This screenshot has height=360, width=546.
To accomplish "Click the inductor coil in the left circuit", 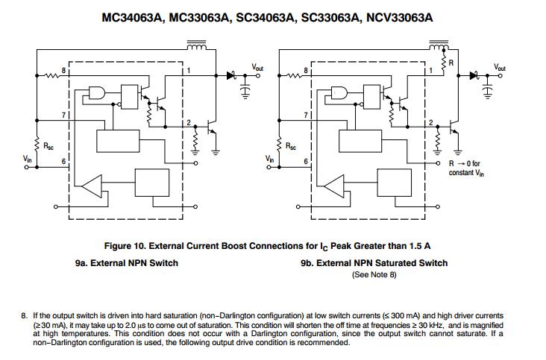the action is point(197,45).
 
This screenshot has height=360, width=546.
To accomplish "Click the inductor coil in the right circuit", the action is point(439,45).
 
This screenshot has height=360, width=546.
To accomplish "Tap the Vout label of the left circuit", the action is point(257,67).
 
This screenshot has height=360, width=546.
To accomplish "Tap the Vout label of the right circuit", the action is point(499,67).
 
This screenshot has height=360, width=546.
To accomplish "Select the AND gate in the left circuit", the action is point(98,92).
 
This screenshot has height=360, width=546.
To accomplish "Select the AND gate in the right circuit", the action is point(339,92).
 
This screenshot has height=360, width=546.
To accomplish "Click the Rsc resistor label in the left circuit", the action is point(48,146).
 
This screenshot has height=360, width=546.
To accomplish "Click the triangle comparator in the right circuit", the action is point(334,186).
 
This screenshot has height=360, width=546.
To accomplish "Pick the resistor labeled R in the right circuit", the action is point(444,63).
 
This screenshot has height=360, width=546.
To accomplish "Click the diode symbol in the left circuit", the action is point(231,75).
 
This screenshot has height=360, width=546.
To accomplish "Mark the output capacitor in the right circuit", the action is point(488,89).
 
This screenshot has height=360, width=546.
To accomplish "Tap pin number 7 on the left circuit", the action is point(63,115).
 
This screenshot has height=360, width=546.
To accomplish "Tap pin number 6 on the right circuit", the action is point(306,162).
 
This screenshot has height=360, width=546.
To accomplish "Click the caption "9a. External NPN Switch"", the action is point(126,263).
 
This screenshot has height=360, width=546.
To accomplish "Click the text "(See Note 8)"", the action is point(374,275).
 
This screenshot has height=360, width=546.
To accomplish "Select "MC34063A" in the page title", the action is point(132,18).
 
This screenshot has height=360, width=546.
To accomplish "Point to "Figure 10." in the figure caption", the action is point(125,246).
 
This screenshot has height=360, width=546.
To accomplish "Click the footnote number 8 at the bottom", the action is point(24,316).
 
